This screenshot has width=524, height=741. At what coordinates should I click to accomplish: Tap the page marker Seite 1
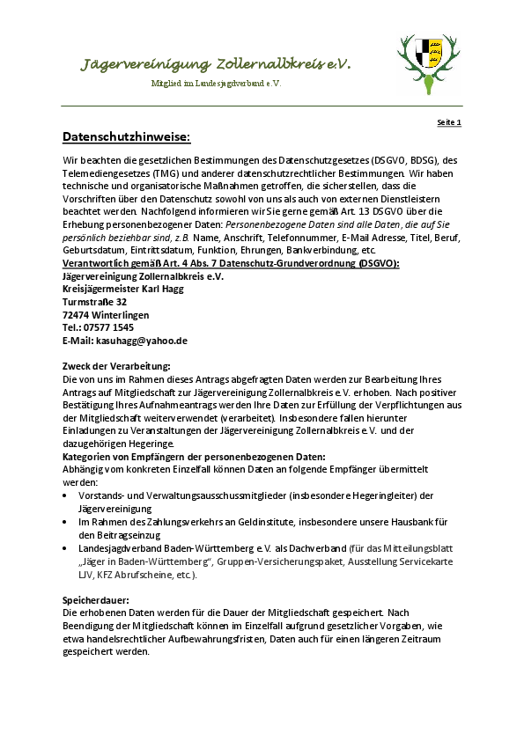point(449,122)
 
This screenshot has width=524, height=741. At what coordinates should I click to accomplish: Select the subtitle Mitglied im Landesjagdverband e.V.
point(216,84)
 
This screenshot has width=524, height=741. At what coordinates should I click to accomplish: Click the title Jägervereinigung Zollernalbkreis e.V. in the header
point(216,64)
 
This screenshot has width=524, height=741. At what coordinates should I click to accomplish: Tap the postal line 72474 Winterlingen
point(106,314)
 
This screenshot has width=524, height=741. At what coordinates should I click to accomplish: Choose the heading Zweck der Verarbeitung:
point(115,365)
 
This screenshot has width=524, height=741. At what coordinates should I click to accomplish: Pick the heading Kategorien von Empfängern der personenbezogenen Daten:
point(194,457)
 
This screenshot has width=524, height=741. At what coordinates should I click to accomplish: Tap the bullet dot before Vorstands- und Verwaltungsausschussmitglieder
point(67,495)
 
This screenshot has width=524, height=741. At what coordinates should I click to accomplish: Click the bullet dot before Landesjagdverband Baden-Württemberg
point(67,547)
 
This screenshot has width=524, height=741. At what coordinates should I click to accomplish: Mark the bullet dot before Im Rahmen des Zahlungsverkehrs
point(67,522)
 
